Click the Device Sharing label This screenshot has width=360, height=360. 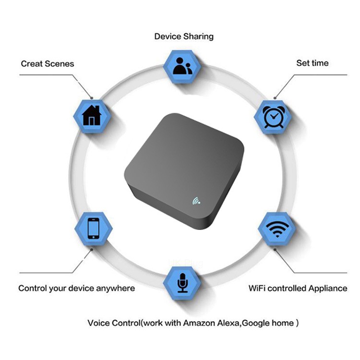pos(184,36)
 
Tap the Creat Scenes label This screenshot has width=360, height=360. pos(48,64)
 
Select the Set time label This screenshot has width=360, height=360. pos(312,63)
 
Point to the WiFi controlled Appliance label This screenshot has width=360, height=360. pos(298,288)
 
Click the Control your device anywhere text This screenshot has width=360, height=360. pos(76,288)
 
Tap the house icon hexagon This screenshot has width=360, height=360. pos(92,116)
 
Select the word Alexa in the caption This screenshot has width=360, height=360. pos(228,323)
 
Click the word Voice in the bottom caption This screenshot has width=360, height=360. pos(98,323)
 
